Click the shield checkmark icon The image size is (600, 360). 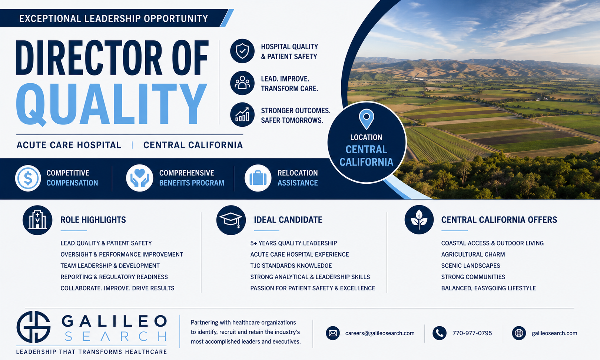click(242, 51)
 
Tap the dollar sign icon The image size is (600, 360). click(28, 178)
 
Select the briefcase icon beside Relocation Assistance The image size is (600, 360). click(258, 178)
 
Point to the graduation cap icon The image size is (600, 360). click(231, 220)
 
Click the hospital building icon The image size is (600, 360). click(37, 220)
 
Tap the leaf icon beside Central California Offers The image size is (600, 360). click(419, 220)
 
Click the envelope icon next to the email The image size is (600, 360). click(333, 333)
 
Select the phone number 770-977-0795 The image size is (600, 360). click(472, 333)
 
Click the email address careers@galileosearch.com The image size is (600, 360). click(380, 333)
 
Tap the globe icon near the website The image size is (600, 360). click(519, 333)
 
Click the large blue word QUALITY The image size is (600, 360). click(112, 104)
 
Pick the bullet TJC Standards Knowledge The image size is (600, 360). click(291, 266)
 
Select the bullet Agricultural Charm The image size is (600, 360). click(473, 254)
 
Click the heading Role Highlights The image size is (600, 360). click(93, 220)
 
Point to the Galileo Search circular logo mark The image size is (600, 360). click(33, 327)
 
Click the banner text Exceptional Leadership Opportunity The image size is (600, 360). click(113, 19)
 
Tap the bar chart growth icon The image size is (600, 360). click(242, 114)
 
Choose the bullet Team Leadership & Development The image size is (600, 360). click(110, 266)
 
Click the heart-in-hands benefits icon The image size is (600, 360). click(140, 178)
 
